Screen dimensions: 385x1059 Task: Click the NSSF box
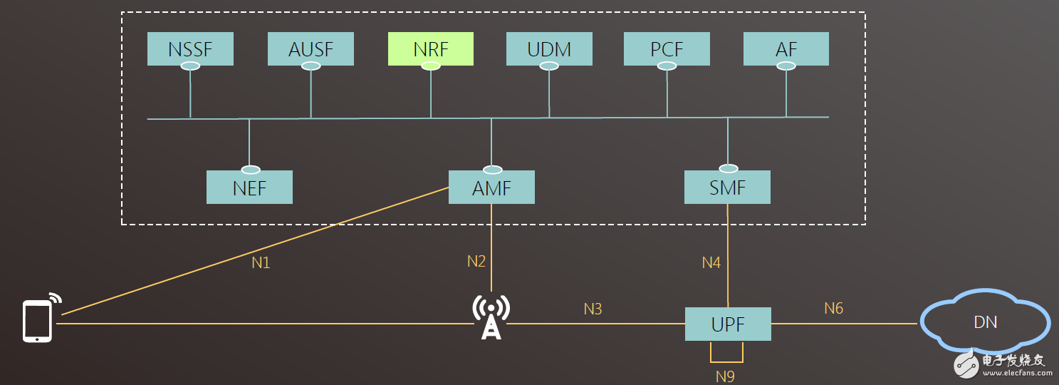click(x=190, y=49)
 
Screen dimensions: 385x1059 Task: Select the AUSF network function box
click(x=311, y=49)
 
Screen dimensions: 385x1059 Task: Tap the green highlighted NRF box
click(x=431, y=49)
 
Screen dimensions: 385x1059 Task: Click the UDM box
click(x=549, y=49)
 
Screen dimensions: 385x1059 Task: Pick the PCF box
click(x=667, y=49)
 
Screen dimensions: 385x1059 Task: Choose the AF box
click(x=786, y=49)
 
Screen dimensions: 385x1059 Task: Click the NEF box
click(x=249, y=188)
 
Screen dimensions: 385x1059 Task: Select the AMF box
click(x=491, y=188)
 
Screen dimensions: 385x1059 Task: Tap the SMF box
click(x=727, y=188)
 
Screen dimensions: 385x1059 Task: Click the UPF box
click(x=728, y=324)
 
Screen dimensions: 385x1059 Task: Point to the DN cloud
click(x=985, y=322)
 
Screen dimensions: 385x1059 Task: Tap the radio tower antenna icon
click(x=491, y=317)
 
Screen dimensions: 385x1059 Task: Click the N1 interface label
click(x=261, y=262)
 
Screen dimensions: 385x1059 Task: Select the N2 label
click(x=476, y=261)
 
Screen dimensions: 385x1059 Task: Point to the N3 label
click(x=593, y=309)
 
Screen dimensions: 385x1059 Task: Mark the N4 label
click(x=711, y=262)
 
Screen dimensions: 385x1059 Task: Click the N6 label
click(x=833, y=308)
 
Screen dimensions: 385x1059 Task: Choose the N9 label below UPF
click(x=725, y=376)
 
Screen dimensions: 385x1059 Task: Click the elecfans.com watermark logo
click(x=1003, y=364)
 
